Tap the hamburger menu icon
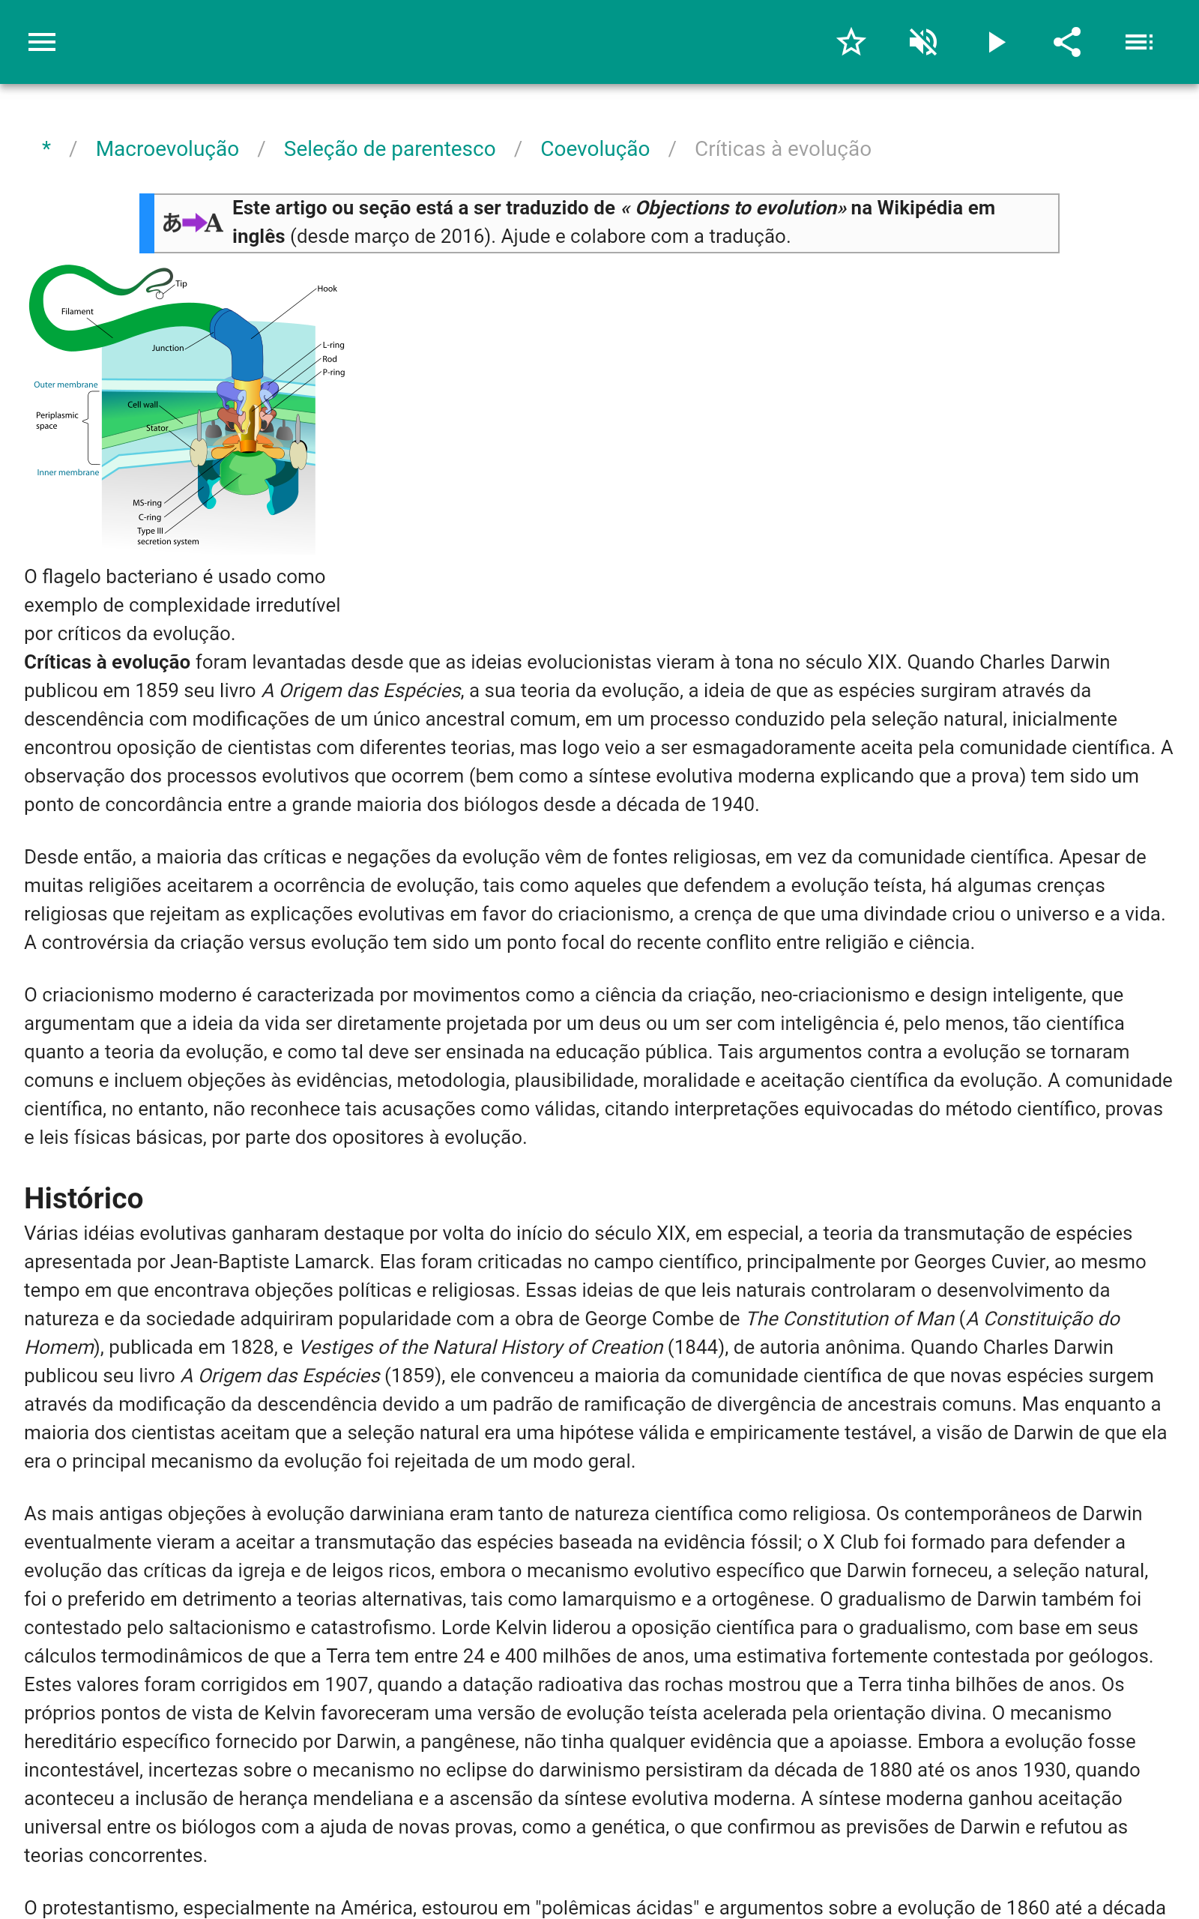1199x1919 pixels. click(x=42, y=42)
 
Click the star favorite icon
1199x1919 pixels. click(x=851, y=42)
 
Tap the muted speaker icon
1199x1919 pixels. click(x=923, y=42)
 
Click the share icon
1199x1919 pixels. click(x=1067, y=42)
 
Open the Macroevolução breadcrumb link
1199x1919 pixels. click(x=167, y=149)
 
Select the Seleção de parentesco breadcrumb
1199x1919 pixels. click(x=390, y=149)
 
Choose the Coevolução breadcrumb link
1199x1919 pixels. click(x=595, y=149)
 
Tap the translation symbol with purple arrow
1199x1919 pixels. click(x=192, y=223)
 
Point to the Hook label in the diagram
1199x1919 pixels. click(x=327, y=289)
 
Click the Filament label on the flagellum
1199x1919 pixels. click(x=77, y=312)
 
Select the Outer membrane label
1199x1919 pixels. click(x=66, y=385)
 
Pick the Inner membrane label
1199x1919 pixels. click(x=68, y=472)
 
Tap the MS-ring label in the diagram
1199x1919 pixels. click(x=147, y=503)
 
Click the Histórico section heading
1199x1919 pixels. click(x=83, y=1198)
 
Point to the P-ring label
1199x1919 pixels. click(x=333, y=372)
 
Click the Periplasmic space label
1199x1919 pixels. click(x=56, y=421)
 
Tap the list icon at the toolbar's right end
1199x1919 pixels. click(x=1139, y=42)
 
